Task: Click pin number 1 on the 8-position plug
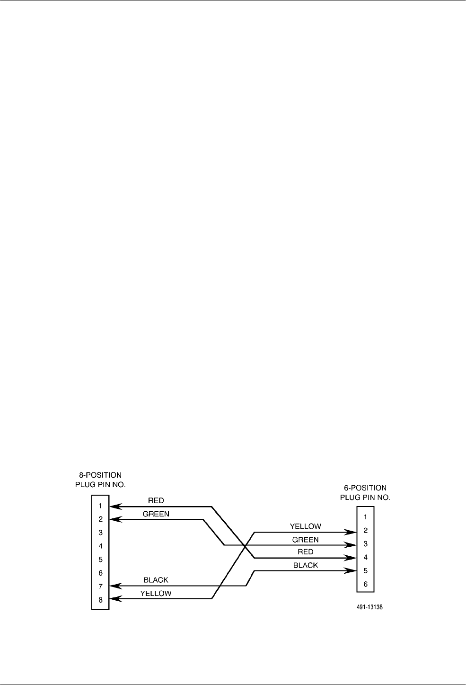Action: tap(100, 506)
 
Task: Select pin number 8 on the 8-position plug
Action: tap(100, 599)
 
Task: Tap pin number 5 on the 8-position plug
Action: tap(100, 559)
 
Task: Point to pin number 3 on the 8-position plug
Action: tap(100, 533)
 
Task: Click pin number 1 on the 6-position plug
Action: tap(365, 517)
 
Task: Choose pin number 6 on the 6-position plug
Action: tap(365, 584)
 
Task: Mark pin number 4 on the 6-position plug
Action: tap(365, 557)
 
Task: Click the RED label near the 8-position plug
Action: tap(156, 500)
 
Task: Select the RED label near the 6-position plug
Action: tap(306, 552)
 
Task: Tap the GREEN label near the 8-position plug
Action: tap(156, 514)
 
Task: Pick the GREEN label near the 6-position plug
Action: tap(306, 539)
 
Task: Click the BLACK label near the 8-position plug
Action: tap(156, 580)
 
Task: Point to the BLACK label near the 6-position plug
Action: tap(306, 565)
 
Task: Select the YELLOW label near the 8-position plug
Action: tap(156, 593)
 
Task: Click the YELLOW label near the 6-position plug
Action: tap(306, 526)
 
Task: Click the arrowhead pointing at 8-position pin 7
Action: tap(115, 586)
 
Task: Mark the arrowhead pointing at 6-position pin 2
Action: tap(352, 533)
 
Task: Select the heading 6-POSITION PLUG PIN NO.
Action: tap(365, 492)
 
